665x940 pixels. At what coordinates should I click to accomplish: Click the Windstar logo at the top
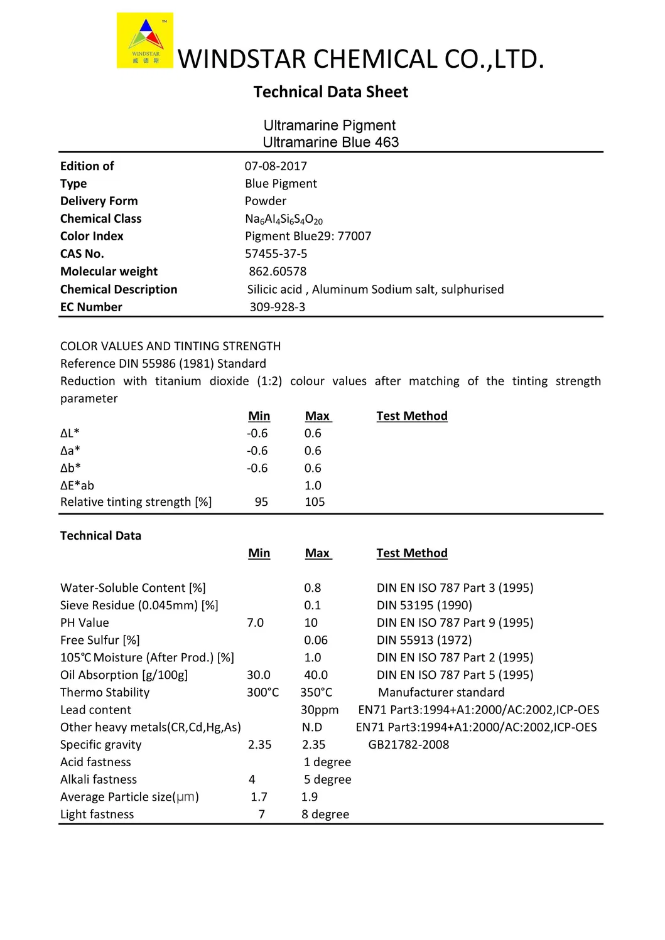coord(145,41)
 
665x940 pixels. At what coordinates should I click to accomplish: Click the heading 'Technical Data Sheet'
coord(331,92)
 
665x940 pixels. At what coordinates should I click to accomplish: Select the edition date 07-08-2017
coord(276,166)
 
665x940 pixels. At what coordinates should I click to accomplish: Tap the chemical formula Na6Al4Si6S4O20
coord(283,219)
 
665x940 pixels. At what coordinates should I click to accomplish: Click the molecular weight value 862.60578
coord(278,272)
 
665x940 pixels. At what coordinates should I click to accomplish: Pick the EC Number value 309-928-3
coord(277,307)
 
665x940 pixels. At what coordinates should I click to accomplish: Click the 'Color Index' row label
coord(92,237)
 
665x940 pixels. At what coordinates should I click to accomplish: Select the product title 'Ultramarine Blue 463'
coord(330,142)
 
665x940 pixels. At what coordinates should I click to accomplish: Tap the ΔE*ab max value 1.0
coord(313,486)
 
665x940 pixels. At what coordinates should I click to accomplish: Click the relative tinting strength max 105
coord(315,502)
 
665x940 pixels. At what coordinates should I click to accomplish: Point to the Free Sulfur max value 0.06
coord(316,640)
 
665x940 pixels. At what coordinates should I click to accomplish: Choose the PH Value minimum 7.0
coord(255,622)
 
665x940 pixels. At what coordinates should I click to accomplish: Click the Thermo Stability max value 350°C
coord(316,692)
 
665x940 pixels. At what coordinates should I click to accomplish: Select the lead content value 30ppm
coord(320,710)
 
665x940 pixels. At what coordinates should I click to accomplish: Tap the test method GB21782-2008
coord(409,745)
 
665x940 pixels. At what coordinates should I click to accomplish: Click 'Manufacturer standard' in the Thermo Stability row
coord(441,692)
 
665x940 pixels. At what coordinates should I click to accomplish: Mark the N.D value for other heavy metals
coord(312,727)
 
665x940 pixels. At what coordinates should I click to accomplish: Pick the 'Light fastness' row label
coord(97,814)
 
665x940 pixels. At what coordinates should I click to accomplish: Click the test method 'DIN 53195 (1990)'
coord(424,606)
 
